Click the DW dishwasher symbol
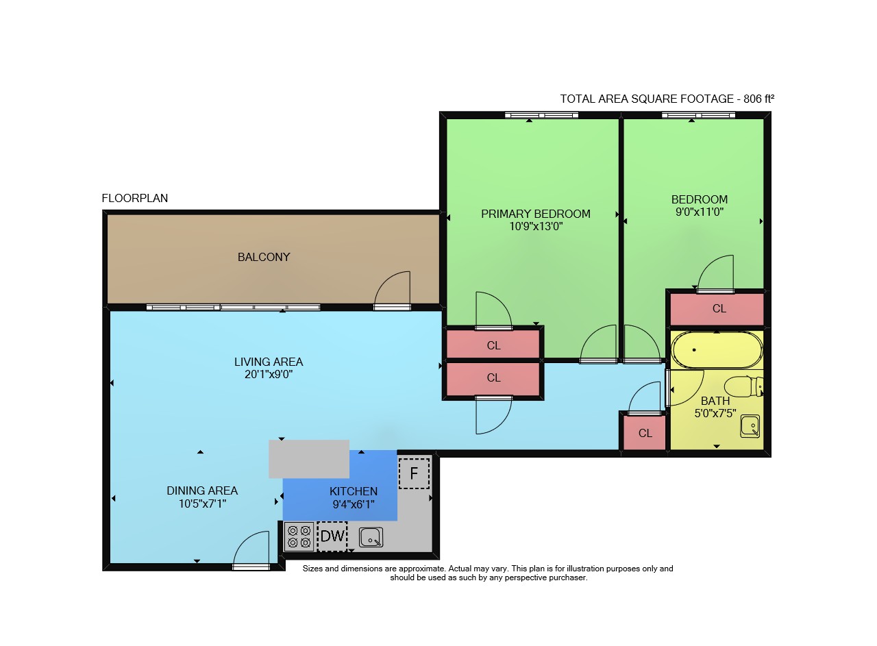click(x=332, y=536)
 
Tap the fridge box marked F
click(x=415, y=473)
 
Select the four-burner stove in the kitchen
click(x=299, y=536)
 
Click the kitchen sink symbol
click(x=371, y=537)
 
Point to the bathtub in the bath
click(x=717, y=350)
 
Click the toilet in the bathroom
click(x=743, y=386)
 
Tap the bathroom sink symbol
click(x=750, y=426)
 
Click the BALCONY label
click(x=264, y=257)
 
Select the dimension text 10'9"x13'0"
click(x=536, y=226)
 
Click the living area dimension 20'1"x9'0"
click(x=269, y=374)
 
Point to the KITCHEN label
click(x=354, y=491)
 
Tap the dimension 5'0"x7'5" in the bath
click(x=715, y=413)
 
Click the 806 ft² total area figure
click(x=758, y=99)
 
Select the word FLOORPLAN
click(x=135, y=198)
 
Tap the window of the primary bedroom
click(x=541, y=115)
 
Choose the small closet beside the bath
click(x=645, y=433)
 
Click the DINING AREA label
click(x=202, y=490)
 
